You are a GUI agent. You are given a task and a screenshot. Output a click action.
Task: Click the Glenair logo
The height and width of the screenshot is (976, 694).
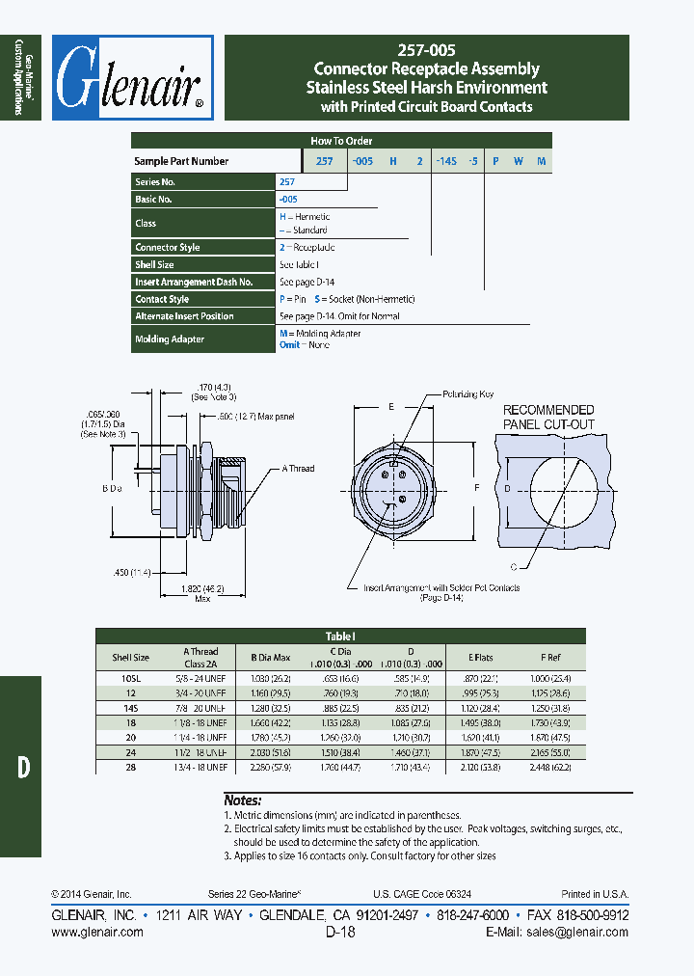click(x=131, y=78)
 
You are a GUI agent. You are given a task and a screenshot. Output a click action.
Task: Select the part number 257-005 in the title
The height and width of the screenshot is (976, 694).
click(x=426, y=50)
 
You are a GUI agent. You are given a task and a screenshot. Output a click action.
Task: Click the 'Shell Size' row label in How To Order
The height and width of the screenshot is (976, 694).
click(x=154, y=264)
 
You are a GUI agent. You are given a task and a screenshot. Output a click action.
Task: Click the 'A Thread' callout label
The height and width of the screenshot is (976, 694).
click(x=299, y=469)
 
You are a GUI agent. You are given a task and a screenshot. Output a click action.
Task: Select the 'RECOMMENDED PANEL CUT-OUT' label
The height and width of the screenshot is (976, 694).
click(x=548, y=417)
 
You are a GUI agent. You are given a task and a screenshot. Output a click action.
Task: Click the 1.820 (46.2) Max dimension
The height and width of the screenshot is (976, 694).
click(x=202, y=592)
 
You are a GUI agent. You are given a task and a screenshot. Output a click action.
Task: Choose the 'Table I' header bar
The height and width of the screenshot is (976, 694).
click(x=340, y=636)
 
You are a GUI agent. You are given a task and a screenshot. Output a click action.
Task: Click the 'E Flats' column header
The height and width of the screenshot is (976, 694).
click(x=481, y=657)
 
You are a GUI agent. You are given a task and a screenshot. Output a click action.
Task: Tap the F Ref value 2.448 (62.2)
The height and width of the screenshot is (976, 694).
click(x=549, y=767)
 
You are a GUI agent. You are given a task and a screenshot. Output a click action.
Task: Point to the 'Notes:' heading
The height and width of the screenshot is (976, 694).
click(x=243, y=800)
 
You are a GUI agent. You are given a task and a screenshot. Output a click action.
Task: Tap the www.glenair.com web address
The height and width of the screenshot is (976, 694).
click(x=96, y=932)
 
